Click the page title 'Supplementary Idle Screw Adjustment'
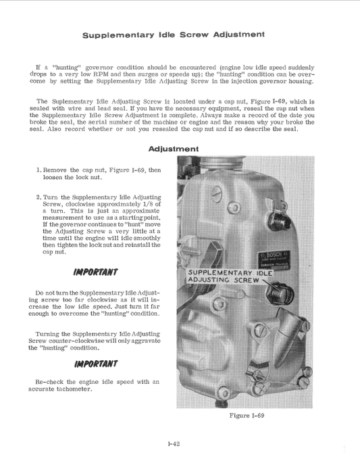173,34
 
